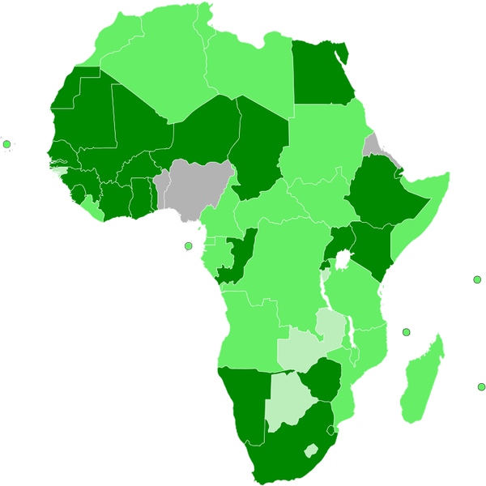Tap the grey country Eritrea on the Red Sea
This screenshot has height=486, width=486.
click(x=373, y=146)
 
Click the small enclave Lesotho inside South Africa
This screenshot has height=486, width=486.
click(x=310, y=450)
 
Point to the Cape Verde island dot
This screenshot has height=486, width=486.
click(x=7, y=144)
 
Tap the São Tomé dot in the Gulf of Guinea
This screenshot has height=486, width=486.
click(x=189, y=246)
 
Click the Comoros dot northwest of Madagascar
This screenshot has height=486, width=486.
click(x=407, y=332)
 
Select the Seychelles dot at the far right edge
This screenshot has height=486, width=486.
click(x=477, y=279)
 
